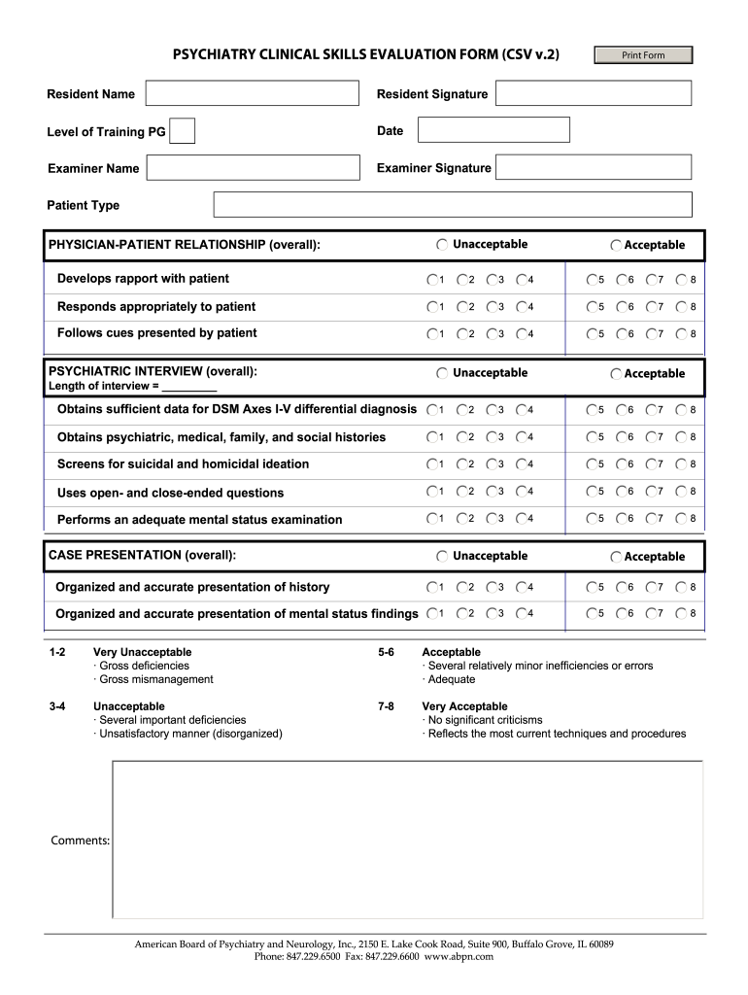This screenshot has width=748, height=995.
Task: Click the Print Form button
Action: [x=643, y=55]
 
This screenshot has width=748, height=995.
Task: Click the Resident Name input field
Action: [x=252, y=93]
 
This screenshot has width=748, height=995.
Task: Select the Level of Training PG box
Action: [x=182, y=131]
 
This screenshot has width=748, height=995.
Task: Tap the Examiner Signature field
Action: [x=594, y=168]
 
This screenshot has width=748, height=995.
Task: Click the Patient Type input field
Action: [x=453, y=205]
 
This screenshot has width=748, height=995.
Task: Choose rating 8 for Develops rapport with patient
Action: [x=683, y=280]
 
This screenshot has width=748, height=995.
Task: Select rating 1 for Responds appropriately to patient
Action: [x=431, y=307]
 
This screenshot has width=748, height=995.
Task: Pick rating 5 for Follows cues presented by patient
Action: [x=592, y=334]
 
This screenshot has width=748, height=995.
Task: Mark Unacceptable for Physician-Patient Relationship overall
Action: [x=443, y=245]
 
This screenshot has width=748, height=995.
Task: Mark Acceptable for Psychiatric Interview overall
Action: [x=616, y=374]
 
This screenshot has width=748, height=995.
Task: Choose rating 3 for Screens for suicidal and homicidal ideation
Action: [x=492, y=464]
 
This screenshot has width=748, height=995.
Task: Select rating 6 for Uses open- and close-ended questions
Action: [x=622, y=492]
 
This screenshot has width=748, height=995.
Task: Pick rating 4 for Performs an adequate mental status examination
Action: [x=522, y=519]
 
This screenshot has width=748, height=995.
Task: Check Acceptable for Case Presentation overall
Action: [x=616, y=557]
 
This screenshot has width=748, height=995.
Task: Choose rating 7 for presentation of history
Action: [x=652, y=588]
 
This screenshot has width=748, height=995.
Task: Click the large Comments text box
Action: [x=407, y=840]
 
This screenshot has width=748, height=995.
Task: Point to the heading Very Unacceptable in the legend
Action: [x=142, y=652]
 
